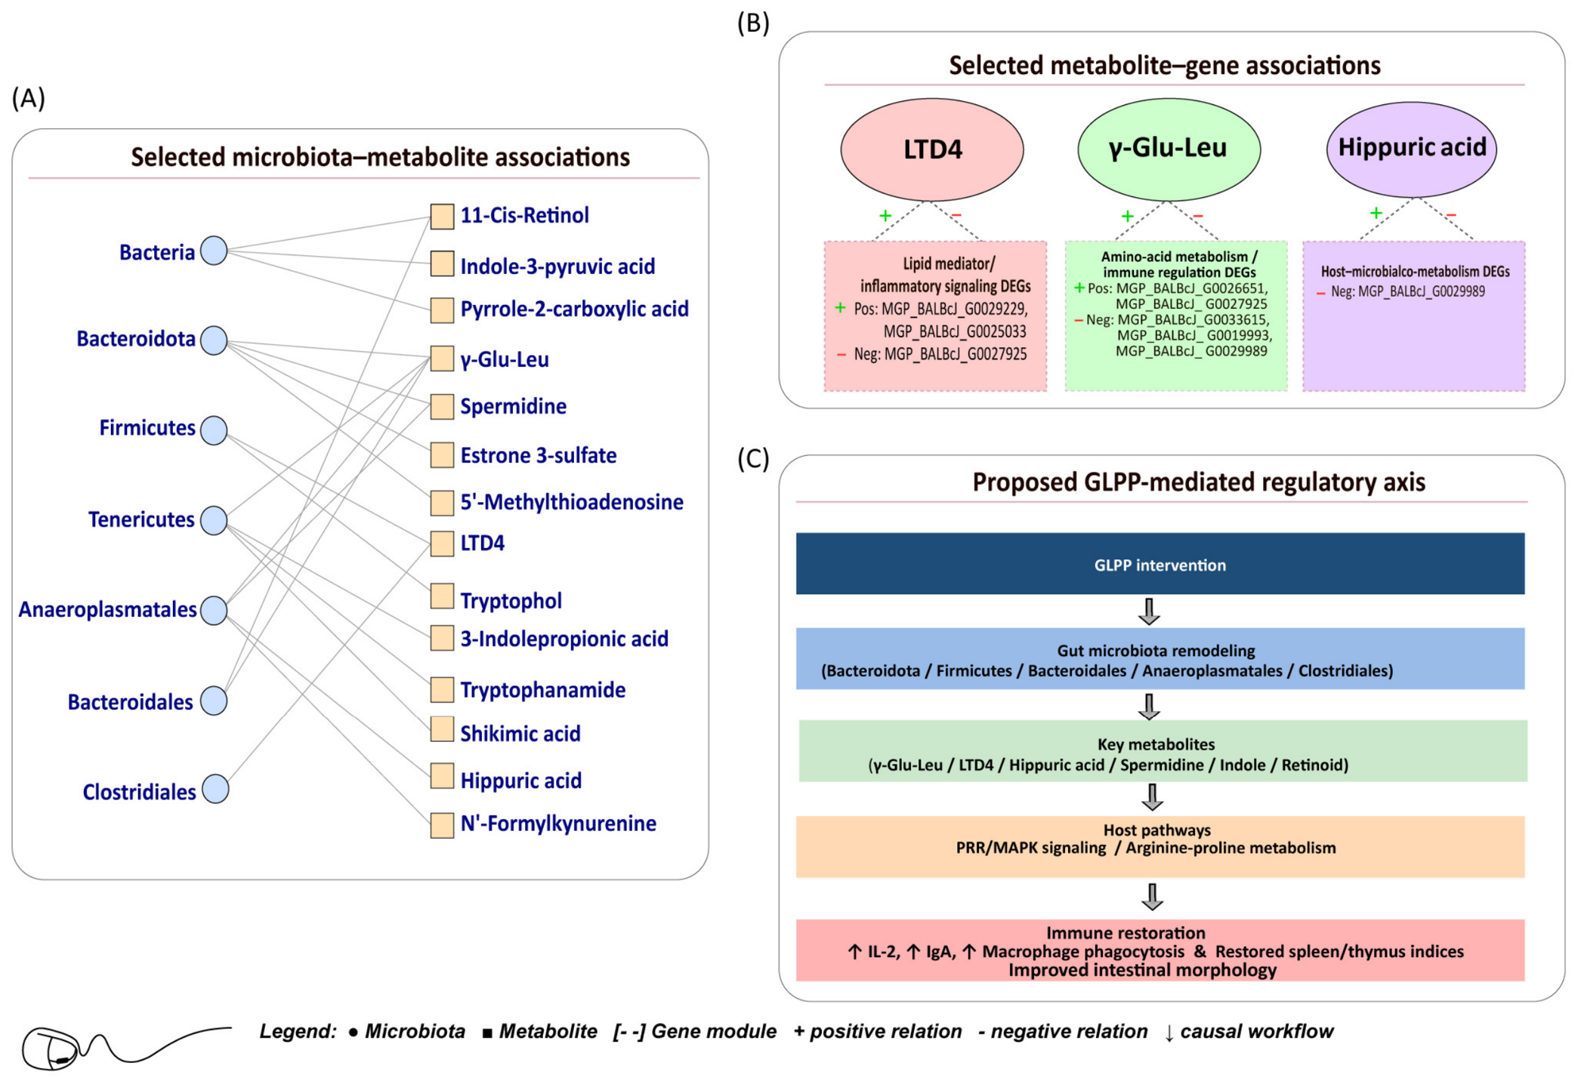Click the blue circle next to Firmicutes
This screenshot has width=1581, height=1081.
pos(214,430)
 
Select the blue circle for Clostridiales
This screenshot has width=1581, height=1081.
pos(215,789)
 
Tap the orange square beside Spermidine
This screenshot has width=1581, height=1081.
pos(442,406)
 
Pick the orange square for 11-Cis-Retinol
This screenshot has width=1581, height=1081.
pos(442,216)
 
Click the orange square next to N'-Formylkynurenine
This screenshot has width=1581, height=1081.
pos(442,824)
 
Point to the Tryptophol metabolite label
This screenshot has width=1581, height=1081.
pos(511,601)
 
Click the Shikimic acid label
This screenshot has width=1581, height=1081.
pos(520,733)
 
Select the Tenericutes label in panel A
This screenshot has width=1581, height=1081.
pos(141,519)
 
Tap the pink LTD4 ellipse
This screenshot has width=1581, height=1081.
pos(932,149)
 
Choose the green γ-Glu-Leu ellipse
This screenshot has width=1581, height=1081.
pos(1169,149)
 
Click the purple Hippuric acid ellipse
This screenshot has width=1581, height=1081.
pos(1411,149)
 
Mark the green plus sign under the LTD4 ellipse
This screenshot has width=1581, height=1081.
pos(885,216)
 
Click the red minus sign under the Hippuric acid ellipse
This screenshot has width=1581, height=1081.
pos(1450,216)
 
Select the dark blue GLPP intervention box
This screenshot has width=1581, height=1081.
pos(1160,563)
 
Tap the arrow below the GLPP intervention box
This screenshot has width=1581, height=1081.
pos(1149,611)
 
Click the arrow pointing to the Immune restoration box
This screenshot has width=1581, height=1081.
pos(1152,897)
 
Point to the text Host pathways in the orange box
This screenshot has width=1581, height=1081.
pos(1156,830)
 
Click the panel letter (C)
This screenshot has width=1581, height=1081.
pos(753,458)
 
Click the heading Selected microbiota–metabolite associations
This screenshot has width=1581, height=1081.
pos(380,157)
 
